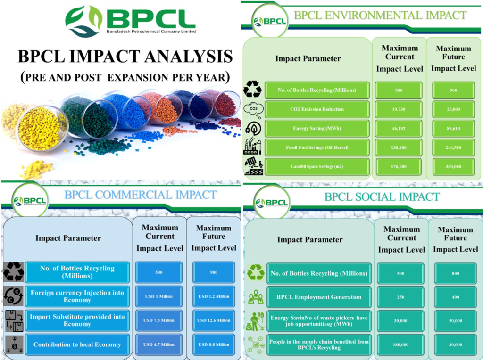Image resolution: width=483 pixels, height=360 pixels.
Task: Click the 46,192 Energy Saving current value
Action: click(398, 129)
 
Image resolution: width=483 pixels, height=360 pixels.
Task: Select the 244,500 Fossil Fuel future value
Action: click(453, 147)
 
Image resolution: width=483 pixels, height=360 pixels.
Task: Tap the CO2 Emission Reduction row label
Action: click(317, 109)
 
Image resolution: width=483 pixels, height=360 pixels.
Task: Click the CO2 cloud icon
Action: click(253, 110)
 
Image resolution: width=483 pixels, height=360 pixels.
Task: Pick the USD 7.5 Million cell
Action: click(158, 320)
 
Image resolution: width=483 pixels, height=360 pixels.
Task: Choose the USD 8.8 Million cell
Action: click(214, 344)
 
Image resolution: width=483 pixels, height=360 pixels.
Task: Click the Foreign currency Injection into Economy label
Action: click(77, 296)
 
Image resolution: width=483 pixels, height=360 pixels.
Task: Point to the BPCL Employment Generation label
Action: click(319, 297)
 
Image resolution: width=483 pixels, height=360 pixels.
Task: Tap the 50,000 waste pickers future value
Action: click(455, 321)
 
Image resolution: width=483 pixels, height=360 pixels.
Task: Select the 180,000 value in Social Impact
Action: click(400, 345)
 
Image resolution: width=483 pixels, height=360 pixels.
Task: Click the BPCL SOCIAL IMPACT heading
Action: click(382, 197)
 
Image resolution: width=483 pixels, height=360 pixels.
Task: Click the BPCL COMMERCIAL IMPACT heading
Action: click(141, 195)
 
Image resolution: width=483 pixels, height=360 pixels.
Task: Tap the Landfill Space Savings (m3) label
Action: click(317, 167)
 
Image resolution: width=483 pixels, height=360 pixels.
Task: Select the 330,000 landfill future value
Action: click(453, 167)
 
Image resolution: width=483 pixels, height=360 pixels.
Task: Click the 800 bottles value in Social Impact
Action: click(455, 274)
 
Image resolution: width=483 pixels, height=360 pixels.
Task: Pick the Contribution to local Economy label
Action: click(77, 344)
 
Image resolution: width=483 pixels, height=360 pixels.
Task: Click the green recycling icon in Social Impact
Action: click(256, 272)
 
